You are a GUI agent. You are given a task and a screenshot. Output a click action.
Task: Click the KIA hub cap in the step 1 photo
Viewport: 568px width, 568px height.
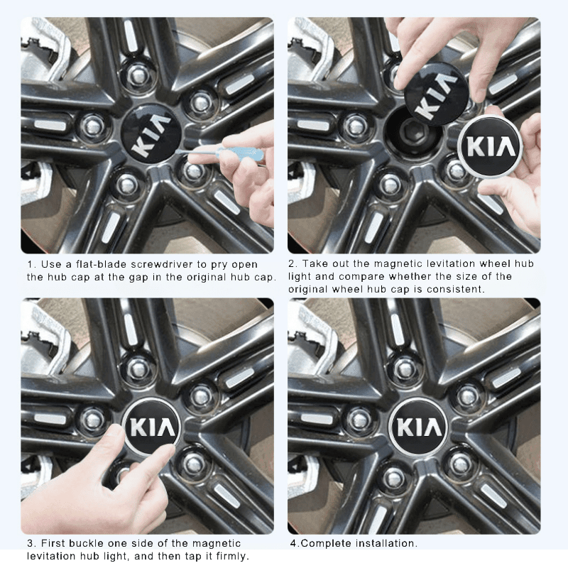click(x=151, y=134)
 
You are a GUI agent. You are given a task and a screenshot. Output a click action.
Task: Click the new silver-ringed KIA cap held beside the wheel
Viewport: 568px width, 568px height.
click(x=491, y=147)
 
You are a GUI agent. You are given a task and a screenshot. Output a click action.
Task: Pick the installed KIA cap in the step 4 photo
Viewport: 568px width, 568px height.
click(x=420, y=427)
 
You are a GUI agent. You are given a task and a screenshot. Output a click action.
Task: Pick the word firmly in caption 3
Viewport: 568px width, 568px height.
click(x=229, y=556)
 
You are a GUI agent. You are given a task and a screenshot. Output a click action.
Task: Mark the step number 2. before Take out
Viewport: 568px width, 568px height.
click(x=292, y=264)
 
